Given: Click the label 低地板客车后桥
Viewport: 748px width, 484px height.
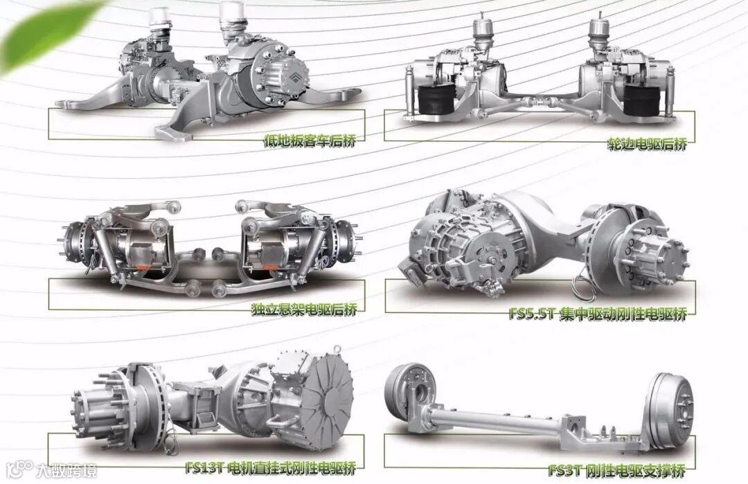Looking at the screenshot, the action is (x=310, y=141).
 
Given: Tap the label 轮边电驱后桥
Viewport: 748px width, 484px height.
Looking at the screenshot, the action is (x=647, y=143).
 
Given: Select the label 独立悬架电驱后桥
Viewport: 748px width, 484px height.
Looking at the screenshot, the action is (x=304, y=310).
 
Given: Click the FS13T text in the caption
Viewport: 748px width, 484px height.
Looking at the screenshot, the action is (x=204, y=468).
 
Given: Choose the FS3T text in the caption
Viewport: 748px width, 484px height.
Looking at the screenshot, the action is (x=565, y=471).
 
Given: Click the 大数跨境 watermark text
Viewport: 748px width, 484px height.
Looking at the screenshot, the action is (x=67, y=471).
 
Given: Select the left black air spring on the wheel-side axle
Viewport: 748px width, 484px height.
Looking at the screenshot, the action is (x=434, y=100).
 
